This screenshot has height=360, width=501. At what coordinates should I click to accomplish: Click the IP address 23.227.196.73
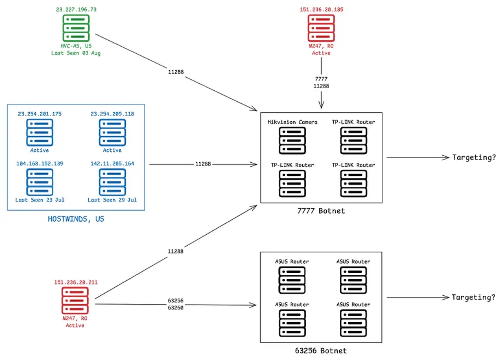(76, 10)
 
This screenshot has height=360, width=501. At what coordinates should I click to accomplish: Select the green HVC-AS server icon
(76, 28)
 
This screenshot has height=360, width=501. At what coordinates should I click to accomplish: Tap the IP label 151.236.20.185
(321, 10)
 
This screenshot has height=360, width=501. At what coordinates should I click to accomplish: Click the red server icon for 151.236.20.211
(75, 301)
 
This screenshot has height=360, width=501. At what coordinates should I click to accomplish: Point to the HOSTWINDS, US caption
(76, 219)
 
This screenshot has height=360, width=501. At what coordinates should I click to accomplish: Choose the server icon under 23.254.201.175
(40, 133)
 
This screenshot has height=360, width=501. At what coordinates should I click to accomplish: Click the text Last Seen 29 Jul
(112, 200)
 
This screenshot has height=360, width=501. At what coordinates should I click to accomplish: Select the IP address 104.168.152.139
(40, 163)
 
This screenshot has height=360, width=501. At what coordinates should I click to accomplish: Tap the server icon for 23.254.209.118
(112, 133)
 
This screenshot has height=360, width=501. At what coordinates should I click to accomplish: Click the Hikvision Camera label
(292, 122)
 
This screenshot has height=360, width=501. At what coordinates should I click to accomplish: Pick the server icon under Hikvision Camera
(292, 141)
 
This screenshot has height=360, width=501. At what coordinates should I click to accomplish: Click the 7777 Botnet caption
(321, 211)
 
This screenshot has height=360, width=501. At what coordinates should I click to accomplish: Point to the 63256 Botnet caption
(321, 351)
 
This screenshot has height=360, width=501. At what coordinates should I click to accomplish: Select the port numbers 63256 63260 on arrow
(176, 304)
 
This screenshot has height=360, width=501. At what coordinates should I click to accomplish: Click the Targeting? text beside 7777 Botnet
(474, 158)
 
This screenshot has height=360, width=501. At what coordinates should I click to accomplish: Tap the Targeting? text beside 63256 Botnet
(473, 298)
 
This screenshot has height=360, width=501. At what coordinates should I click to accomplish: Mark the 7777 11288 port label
(321, 82)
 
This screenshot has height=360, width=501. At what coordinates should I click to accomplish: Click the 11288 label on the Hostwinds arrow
(203, 164)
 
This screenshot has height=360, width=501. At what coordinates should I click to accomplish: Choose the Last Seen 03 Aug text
(76, 53)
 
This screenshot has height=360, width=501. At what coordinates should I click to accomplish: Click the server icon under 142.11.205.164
(112, 182)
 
